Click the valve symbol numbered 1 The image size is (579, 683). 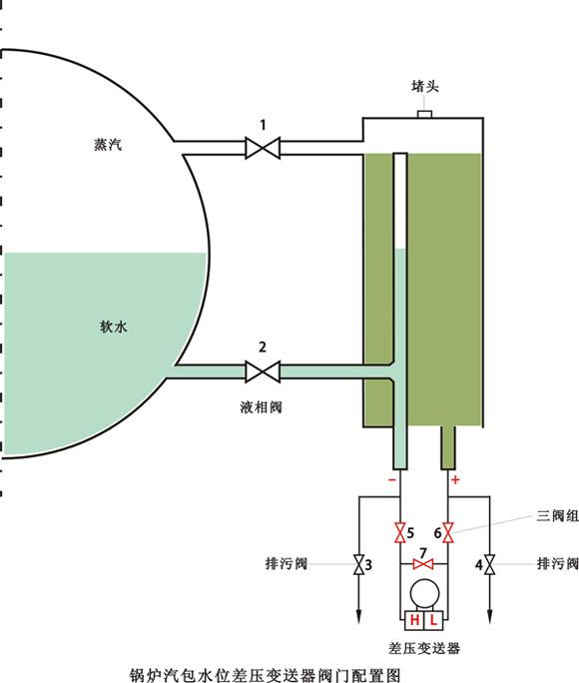point(264,149)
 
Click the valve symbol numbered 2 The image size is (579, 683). point(264,372)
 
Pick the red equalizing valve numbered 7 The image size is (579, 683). point(423,564)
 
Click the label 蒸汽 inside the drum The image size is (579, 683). point(97,145)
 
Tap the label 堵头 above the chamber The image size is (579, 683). point(425,87)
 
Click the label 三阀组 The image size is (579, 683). point(553,515)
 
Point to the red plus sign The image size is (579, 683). point(456,480)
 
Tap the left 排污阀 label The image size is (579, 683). point(290,564)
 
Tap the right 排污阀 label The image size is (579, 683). point(557,564)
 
